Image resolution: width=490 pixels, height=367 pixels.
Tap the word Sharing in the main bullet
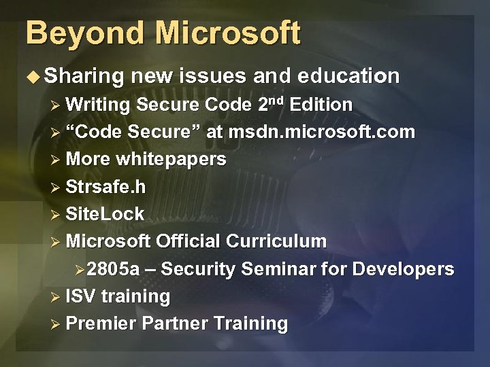(85, 77)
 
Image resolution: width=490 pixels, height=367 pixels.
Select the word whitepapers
(171, 159)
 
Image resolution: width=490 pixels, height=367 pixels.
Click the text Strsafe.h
(105, 186)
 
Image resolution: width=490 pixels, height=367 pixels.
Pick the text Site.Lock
(105, 214)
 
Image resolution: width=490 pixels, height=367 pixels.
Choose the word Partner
(174, 324)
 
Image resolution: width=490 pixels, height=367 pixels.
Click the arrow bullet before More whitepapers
(57, 160)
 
